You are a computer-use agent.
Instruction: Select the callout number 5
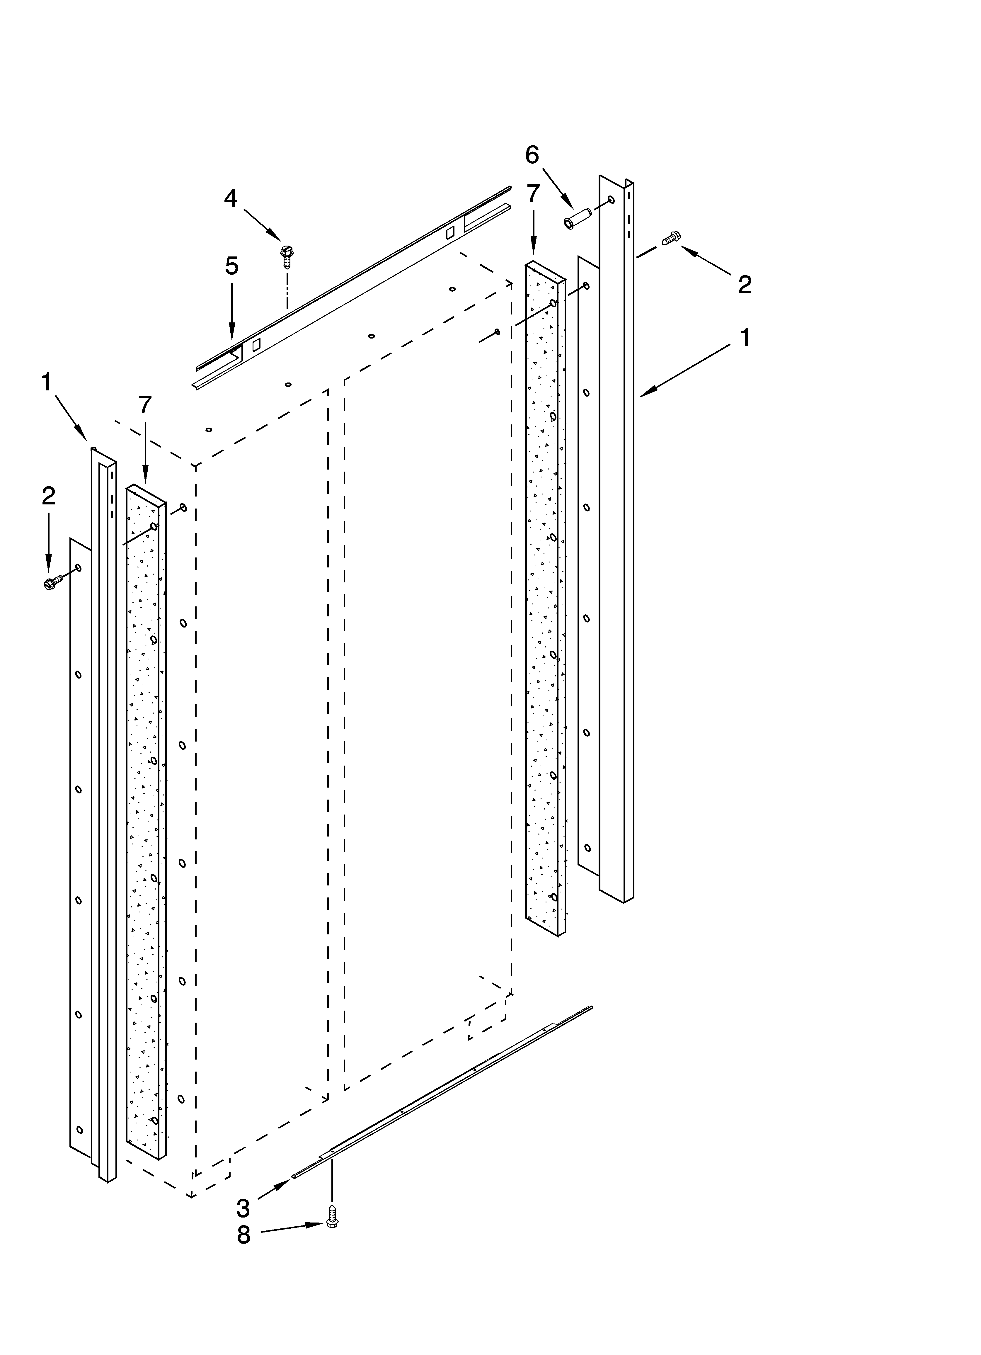click(232, 266)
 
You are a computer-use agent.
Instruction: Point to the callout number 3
click(243, 1209)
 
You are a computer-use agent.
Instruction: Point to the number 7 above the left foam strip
click(145, 405)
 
